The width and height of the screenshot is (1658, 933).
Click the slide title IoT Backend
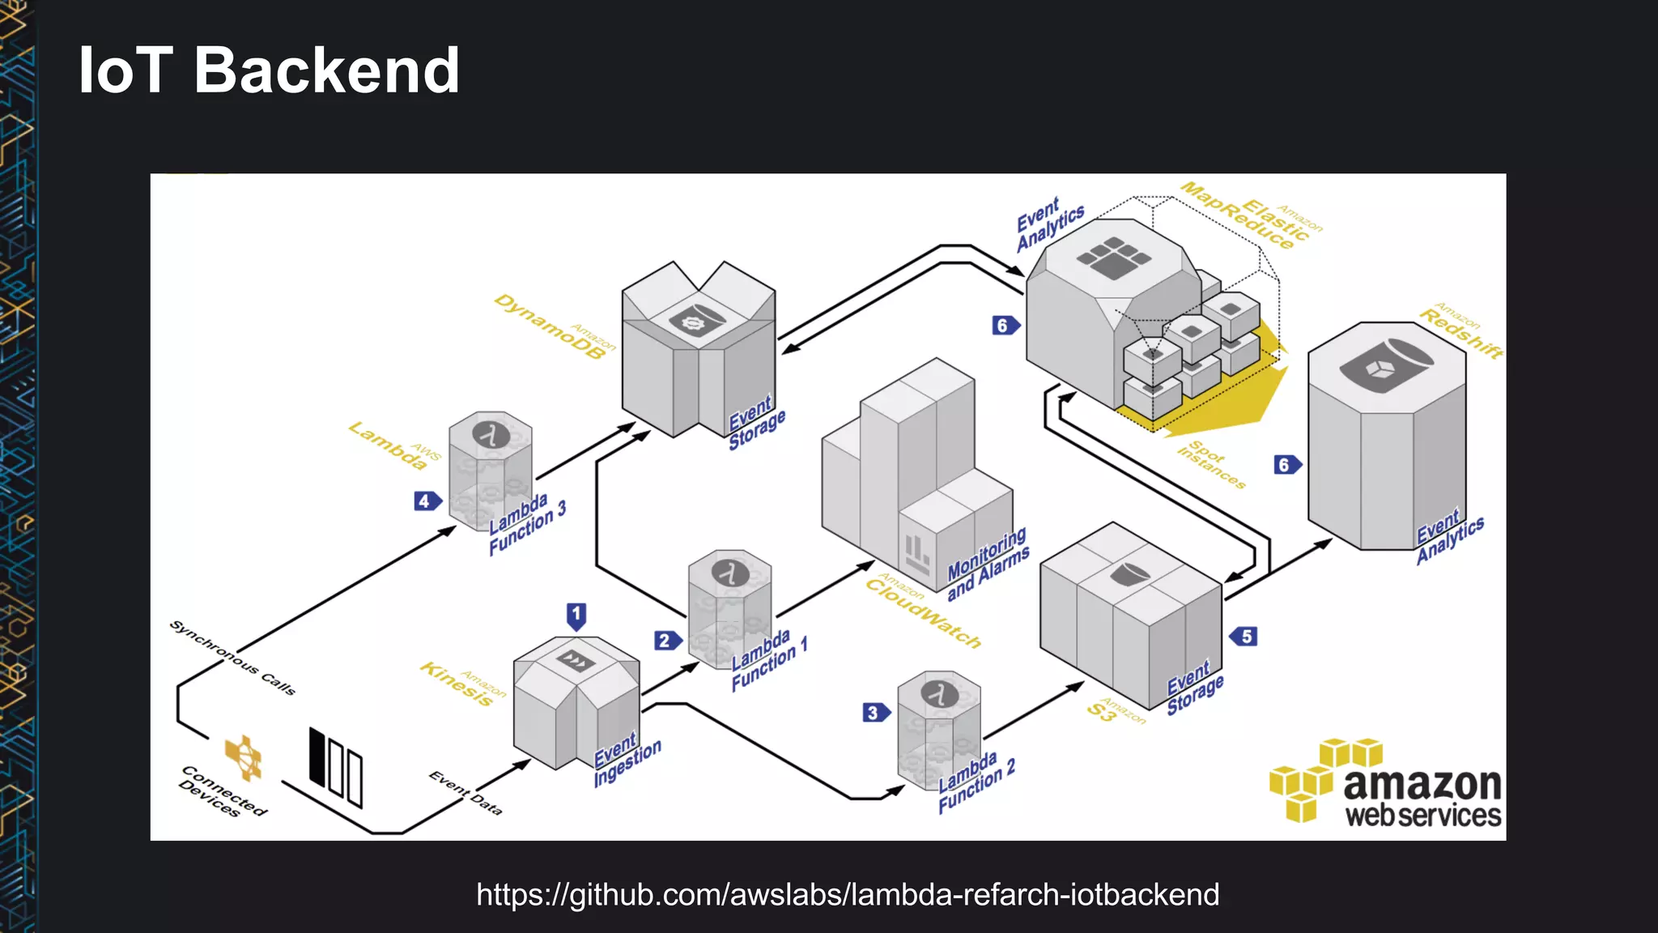coord(269,70)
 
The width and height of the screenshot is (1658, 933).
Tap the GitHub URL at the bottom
coord(848,895)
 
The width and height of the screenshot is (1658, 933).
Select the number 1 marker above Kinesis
coord(576,616)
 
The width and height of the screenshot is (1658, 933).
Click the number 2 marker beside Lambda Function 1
coord(665,641)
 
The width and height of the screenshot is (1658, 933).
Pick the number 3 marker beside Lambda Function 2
coord(874,713)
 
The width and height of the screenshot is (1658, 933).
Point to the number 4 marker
coord(426,501)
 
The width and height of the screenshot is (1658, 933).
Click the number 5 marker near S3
coord(1245,637)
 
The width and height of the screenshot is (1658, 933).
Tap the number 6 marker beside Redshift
coord(1286,465)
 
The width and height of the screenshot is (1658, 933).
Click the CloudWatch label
coord(923,613)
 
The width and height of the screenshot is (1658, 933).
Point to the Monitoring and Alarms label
coord(988,564)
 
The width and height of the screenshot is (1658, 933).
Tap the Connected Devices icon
coord(244,758)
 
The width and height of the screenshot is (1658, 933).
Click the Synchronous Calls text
coord(232,658)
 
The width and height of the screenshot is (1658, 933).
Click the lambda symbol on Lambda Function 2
coord(939,695)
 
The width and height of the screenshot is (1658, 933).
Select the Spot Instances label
coord(1211,464)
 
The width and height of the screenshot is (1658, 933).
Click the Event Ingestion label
coord(627,759)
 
